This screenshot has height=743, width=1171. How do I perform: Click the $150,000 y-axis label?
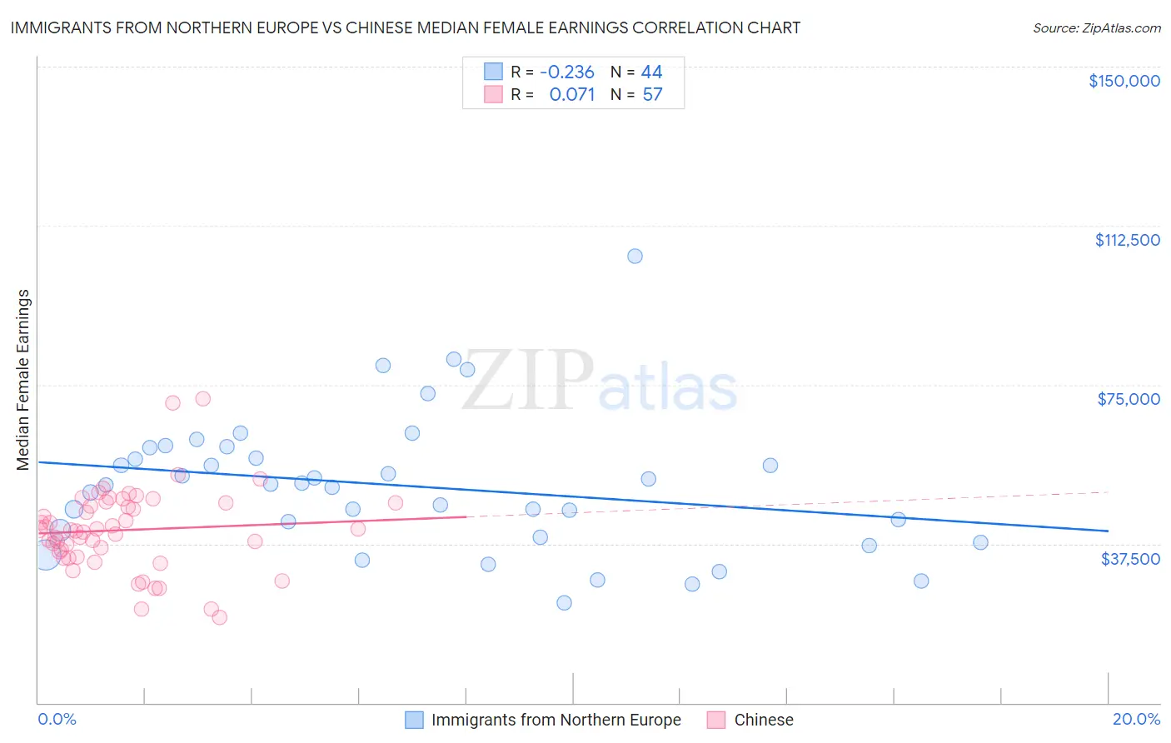[1124, 81]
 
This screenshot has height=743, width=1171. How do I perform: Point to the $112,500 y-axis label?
[1127, 240]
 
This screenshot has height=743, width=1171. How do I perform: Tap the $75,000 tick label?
[1128, 399]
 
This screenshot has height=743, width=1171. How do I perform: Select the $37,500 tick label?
[1129, 559]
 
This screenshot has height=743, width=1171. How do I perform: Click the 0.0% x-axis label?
[57, 719]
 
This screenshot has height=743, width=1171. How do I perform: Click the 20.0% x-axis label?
[1135, 719]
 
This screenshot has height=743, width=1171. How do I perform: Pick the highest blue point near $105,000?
[635, 256]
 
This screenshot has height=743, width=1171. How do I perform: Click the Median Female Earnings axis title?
[23, 380]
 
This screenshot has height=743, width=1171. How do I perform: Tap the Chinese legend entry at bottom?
[763, 720]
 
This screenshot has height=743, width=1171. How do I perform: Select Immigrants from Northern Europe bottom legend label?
[556, 720]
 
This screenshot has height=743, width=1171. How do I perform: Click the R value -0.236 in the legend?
[566, 72]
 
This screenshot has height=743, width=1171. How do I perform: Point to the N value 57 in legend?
[652, 95]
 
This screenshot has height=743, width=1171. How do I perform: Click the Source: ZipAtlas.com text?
[1096, 28]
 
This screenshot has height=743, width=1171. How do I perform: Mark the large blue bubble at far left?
[45, 555]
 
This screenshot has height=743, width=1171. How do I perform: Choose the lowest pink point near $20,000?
[220, 617]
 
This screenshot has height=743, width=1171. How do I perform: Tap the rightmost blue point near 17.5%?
[980, 542]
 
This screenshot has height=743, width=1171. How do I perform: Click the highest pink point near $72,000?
[202, 398]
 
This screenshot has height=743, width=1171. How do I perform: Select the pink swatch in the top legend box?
[493, 94]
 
